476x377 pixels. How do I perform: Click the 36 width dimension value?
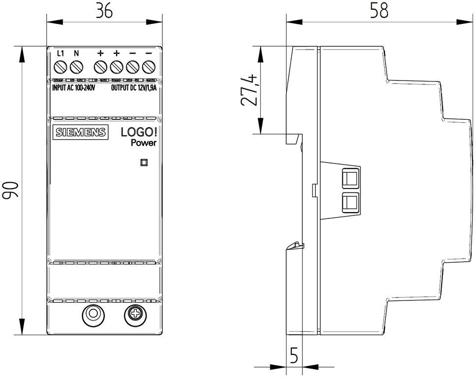point(104,11)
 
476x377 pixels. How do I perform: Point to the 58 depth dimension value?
point(379,10)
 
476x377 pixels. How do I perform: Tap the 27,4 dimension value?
point(249,90)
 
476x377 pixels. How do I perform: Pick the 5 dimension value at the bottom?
point(294,355)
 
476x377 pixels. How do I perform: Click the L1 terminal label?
point(60,54)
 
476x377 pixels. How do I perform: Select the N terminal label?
point(77,54)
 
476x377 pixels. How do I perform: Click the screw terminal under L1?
point(60,67)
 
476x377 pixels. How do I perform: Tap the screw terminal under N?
point(77,67)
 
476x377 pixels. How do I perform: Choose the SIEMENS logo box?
point(81,132)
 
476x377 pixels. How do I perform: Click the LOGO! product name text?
point(139,133)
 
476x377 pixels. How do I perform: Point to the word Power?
point(144,143)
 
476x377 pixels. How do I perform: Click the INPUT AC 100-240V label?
point(74,88)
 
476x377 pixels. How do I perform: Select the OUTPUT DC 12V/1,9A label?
point(134,88)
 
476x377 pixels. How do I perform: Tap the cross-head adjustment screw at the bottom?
point(135,316)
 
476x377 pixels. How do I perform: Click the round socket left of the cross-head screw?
point(93,316)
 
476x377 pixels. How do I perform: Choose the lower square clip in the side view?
point(350,203)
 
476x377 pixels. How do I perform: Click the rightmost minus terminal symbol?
point(149,54)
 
